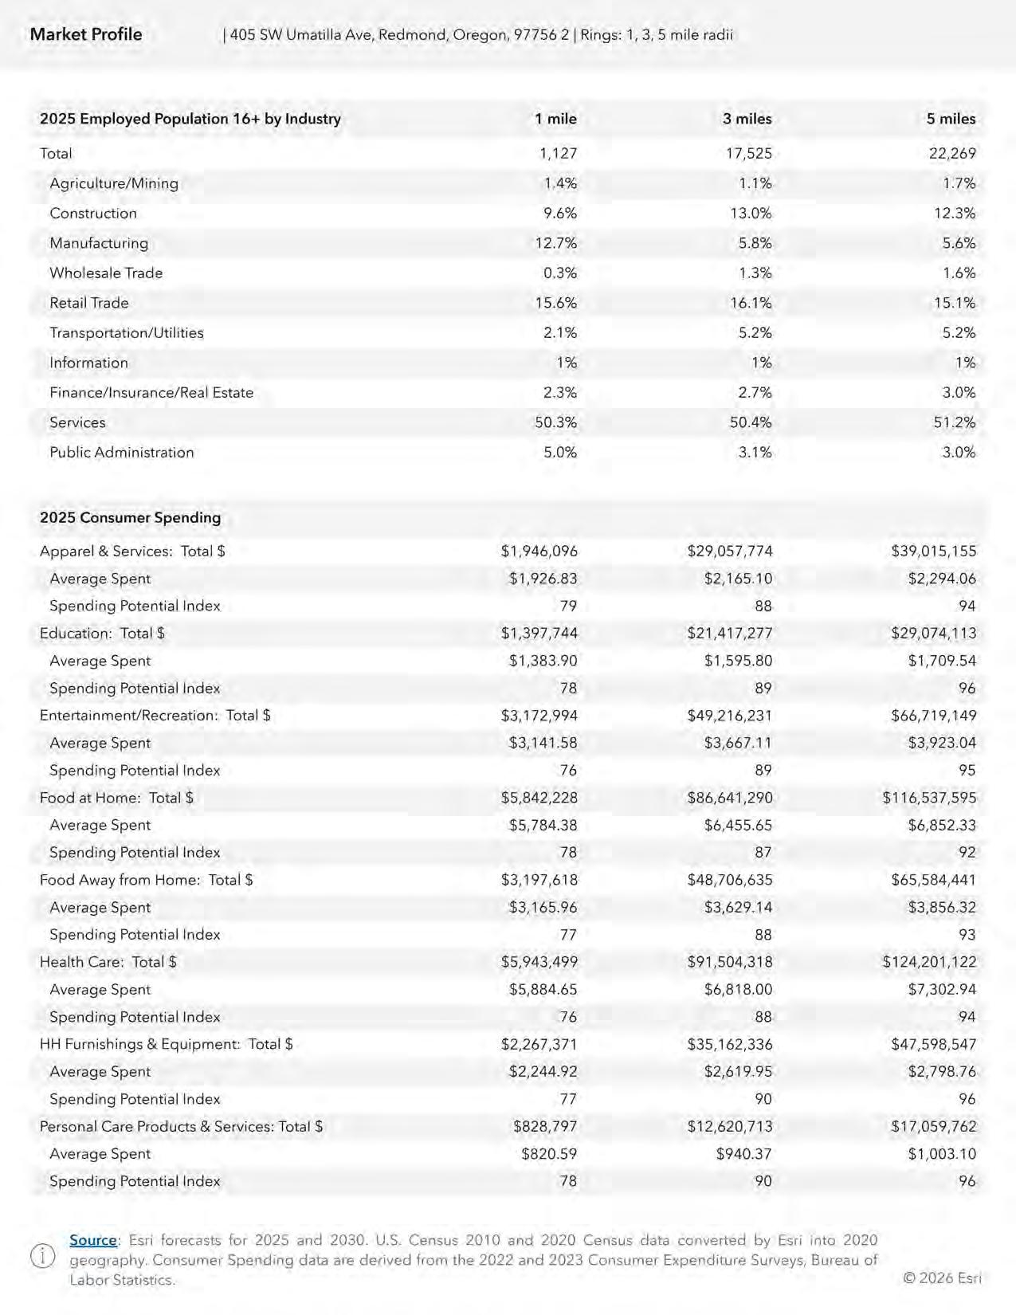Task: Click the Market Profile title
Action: point(86,34)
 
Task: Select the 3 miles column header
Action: point(747,119)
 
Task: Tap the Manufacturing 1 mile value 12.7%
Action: point(555,243)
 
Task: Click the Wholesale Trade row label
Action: point(106,273)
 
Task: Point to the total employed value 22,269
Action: point(951,153)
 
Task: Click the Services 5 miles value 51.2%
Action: point(954,422)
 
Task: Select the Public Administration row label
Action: point(122,452)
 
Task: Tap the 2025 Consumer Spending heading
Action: point(130,517)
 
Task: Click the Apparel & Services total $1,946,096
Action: point(539,551)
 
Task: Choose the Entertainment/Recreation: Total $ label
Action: point(155,715)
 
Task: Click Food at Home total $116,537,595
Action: point(929,797)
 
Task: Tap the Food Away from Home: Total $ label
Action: point(147,879)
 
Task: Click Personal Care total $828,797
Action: point(545,1126)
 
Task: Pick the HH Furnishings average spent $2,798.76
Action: point(942,1071)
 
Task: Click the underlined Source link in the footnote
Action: point(93,1240)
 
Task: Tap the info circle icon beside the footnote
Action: point(42,1257)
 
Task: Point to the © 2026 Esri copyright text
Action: point(942,1278)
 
